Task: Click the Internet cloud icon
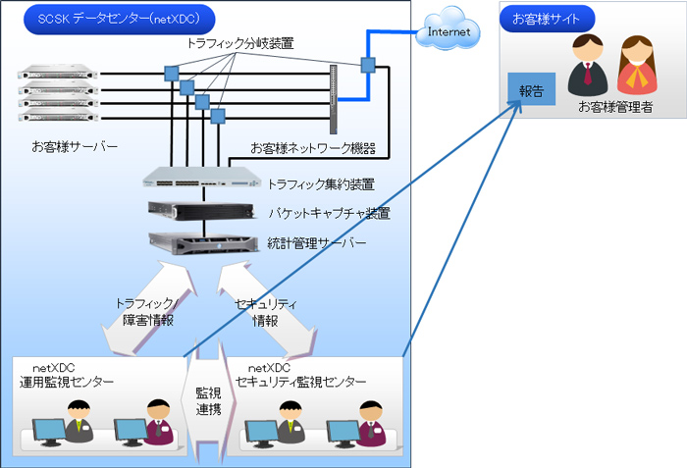[449, 31]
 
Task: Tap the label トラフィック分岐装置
[239, 44]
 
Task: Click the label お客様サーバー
[75, 146]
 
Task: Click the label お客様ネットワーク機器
[312, 149]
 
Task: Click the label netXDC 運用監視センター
[67, 375]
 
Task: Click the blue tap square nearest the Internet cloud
[368, 66]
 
